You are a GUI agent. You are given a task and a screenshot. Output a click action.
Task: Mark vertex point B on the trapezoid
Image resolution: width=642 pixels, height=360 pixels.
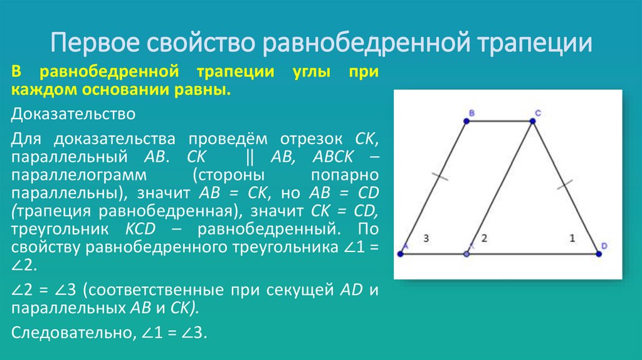467,122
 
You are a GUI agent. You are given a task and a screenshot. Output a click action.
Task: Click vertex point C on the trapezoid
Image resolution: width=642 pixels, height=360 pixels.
533,122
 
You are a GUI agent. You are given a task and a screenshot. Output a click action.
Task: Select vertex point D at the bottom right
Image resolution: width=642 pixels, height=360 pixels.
597,254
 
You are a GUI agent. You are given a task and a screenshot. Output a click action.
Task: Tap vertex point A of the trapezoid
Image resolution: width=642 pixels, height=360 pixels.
401,254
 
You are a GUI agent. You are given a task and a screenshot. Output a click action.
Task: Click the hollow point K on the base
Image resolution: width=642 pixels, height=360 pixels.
466,254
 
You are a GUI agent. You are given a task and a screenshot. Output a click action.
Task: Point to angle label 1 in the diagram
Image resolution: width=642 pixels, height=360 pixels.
572,238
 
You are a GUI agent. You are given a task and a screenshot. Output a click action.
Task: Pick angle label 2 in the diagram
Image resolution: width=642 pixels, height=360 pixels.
484,238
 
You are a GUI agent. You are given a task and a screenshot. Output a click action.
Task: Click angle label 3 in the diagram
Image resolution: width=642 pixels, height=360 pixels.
426,238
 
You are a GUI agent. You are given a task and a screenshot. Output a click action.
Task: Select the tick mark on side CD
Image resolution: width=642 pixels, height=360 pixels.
565,184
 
